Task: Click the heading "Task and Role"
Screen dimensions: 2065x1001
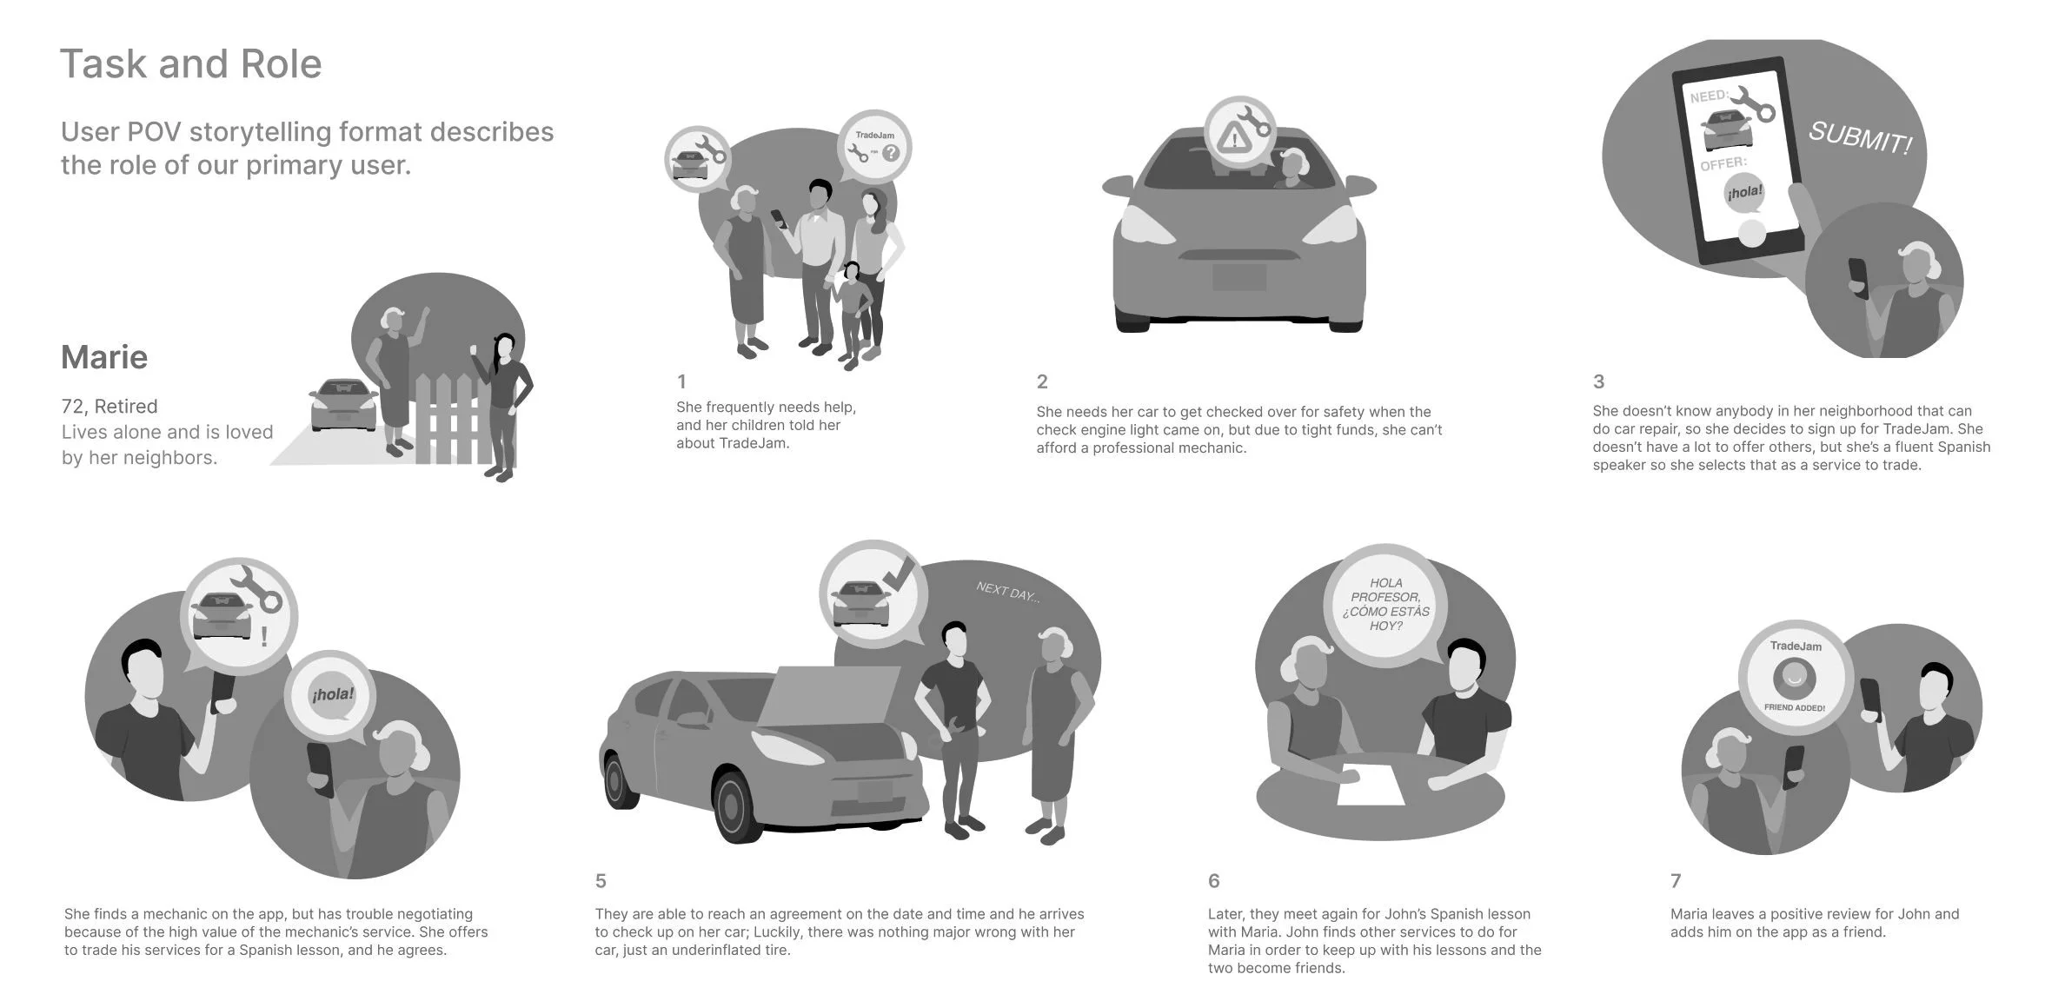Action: pos(190,64)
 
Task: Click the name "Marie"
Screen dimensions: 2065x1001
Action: pos(104,357)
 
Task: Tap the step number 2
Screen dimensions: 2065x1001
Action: pos(1042,381)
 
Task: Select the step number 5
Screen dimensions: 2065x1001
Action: pos(601,881)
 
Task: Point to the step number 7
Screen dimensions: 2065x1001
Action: pos(1676,881)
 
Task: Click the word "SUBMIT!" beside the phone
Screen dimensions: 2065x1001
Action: pos(1860,137)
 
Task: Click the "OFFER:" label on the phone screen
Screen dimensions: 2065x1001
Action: pos(1723,163)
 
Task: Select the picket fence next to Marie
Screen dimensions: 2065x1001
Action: pos(443,417)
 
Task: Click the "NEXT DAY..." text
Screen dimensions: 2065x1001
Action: pos(1007,593)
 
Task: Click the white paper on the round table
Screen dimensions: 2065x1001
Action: pos(1370,784)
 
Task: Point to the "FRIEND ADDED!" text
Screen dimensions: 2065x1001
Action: pos(1795,708)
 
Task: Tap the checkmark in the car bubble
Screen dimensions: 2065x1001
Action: pos(898,573)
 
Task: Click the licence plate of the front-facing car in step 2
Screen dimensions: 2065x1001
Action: pos(1238,277)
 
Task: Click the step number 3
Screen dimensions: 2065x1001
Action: pos(1598,381)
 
